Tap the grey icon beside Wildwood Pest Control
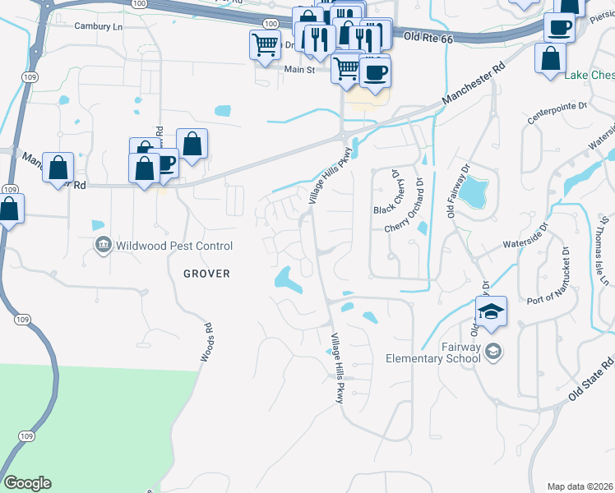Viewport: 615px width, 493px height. point(104,245)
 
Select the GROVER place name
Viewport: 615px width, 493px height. point(201,273)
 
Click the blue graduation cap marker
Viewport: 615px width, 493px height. point(491,311)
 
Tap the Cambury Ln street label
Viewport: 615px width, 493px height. point(97,26)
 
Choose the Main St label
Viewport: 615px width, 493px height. point(300,71)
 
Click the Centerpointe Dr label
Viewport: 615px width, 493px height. point(558,107)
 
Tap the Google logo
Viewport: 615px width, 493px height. point(27,483)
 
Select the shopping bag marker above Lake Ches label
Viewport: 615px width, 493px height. point(550,58)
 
